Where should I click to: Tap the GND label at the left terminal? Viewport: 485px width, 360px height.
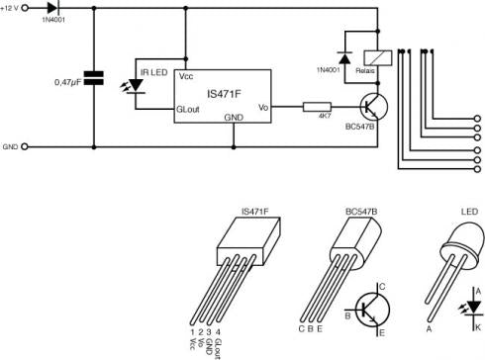pyautogui.click(x=11, y=146)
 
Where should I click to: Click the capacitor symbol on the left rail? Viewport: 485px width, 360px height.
pyautogui.click(x=96, y=78)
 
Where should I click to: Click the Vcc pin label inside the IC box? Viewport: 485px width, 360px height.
pyautogui.click(x=186, y=76)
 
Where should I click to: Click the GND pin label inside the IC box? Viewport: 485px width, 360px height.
pyautogui.click(x=234, y=116)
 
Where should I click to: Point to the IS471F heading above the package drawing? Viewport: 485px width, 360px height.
pyautogui.click(x=256, y=211)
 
